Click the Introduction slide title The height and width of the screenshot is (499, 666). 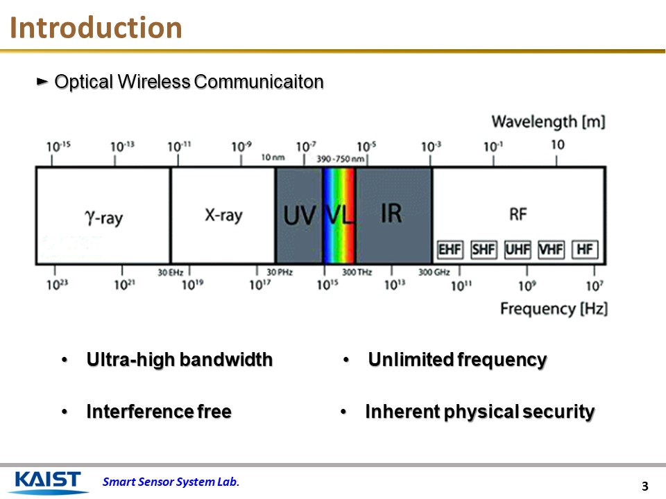click(97, 28)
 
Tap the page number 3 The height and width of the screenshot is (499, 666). click(644, 486)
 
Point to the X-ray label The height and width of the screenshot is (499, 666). click(223, 215)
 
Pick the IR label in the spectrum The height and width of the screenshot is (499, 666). click(391, 213)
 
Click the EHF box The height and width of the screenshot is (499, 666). click(450, 249)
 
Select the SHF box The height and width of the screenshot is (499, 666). click(484, 249)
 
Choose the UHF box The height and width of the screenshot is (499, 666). click(518, 249)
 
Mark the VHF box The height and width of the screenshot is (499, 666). click(551, 249)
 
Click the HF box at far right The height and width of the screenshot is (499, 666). click(585, 249)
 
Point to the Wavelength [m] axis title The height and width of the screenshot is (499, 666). click(548, 122)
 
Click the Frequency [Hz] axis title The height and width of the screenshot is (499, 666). click(554, 308)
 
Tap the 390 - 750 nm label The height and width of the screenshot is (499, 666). click(341, 159)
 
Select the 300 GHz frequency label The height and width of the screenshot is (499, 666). click(434, 272)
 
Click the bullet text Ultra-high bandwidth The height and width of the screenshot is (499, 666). click(179, 360)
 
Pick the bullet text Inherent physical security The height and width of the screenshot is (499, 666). click(479, 412)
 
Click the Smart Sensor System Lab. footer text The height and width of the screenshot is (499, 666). click(171, 482)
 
